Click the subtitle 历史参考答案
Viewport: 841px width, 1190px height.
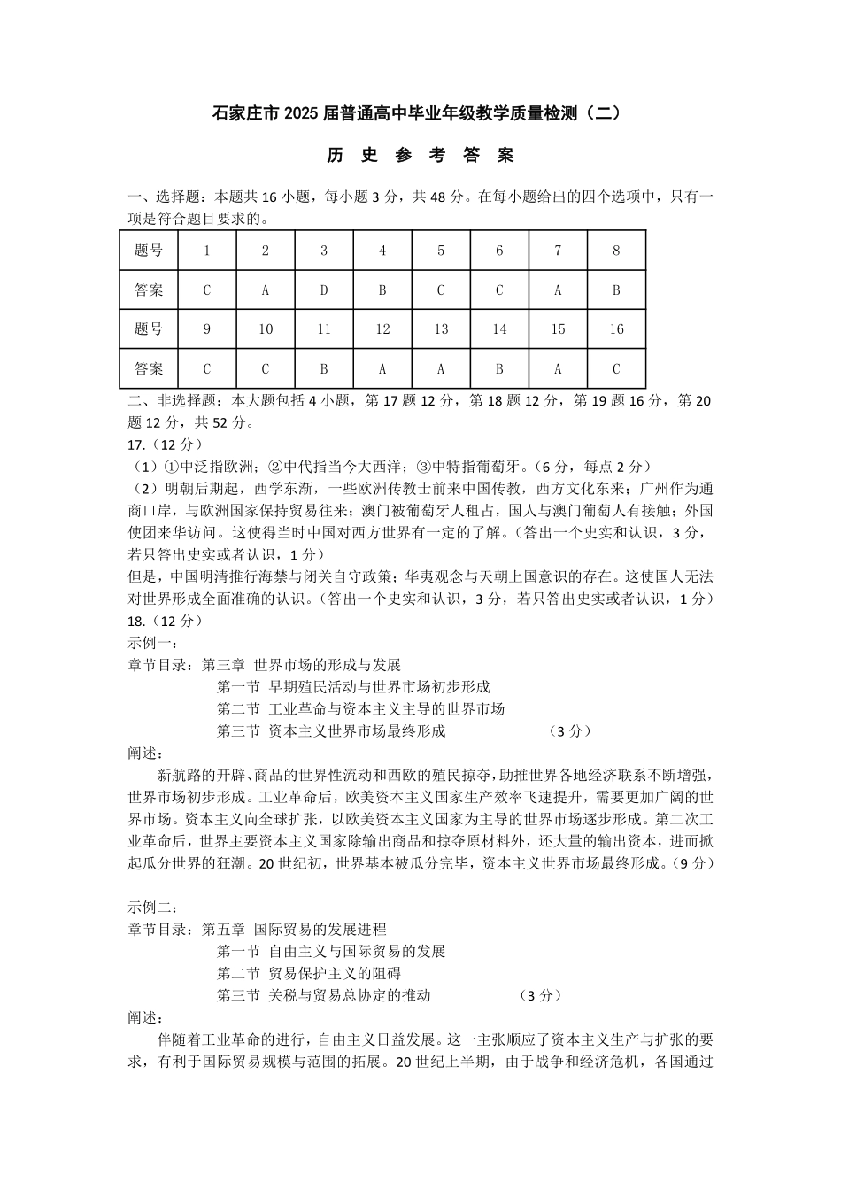pyautogui.click(x=420, y=156)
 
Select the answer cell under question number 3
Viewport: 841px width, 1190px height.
pyautogui.click(x=324, y=290)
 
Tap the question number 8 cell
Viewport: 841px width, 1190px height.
pyautogui.click(x=616, y=251)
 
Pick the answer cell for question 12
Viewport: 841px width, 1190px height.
pyautogui.click(x=382, y=368)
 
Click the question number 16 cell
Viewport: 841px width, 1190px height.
pyautogui.click(x=616, y=329)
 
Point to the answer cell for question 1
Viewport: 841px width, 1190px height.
pyautogui.click(x=207, y=290)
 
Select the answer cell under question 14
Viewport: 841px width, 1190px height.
pyautogui.click(x=499, y=368)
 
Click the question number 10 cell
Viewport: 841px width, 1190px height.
pyautogui.click(x=266, y=329)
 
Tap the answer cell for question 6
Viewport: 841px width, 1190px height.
pyautogui.click(x=499, y=290)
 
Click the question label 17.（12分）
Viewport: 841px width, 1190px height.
pyautogui.click(x=166, y=444)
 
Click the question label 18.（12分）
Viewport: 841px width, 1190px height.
pyautogui.click(x=166, y=621)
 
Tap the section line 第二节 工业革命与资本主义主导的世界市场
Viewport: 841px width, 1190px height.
pyautogui.click(x=360, y=709)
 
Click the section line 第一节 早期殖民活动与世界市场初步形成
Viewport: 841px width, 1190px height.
pyautogui.click(x=353, y=687)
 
